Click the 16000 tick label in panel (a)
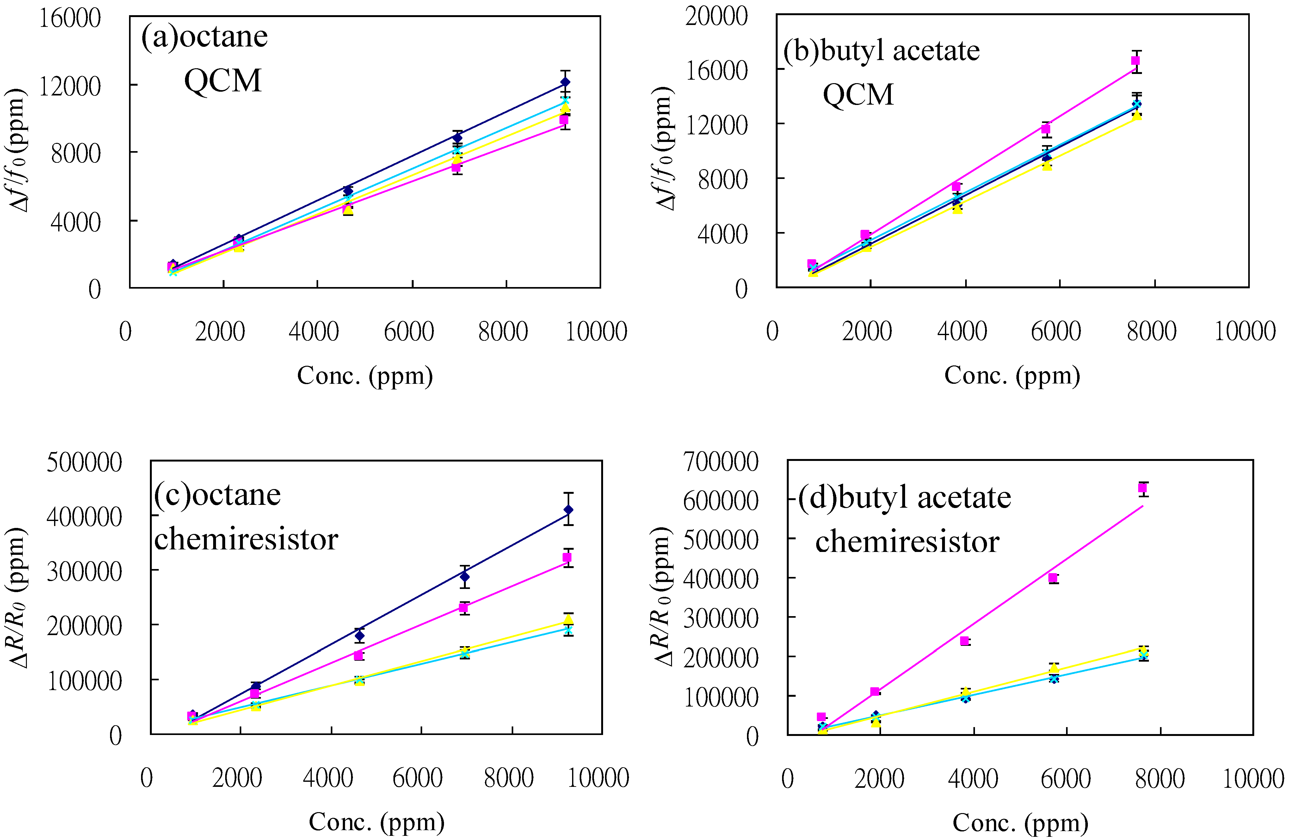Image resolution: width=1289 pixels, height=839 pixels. (69, 18)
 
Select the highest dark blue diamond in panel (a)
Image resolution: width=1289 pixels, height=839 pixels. (565, 82)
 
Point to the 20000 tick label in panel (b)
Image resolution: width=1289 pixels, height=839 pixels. (716, 16)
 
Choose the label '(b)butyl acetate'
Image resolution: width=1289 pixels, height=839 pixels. (881, 51)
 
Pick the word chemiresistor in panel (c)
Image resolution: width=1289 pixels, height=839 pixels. (246, 540)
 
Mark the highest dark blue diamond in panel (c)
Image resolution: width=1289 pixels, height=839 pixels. (568, 510)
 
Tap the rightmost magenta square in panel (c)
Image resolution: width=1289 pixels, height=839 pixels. (567, 558)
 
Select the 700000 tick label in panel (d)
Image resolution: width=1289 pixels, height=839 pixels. (720, 462)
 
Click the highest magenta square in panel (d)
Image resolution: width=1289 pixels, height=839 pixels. (1142, 488)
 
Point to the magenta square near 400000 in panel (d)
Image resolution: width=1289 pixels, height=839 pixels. (1053, 578)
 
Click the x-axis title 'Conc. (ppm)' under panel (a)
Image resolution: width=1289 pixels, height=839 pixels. (365, 376)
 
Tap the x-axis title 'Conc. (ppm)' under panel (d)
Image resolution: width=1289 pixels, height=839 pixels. (1021, 823)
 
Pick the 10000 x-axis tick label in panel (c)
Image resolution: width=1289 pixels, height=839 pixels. (598, 778)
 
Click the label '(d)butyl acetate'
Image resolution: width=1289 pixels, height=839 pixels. (904, 498)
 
